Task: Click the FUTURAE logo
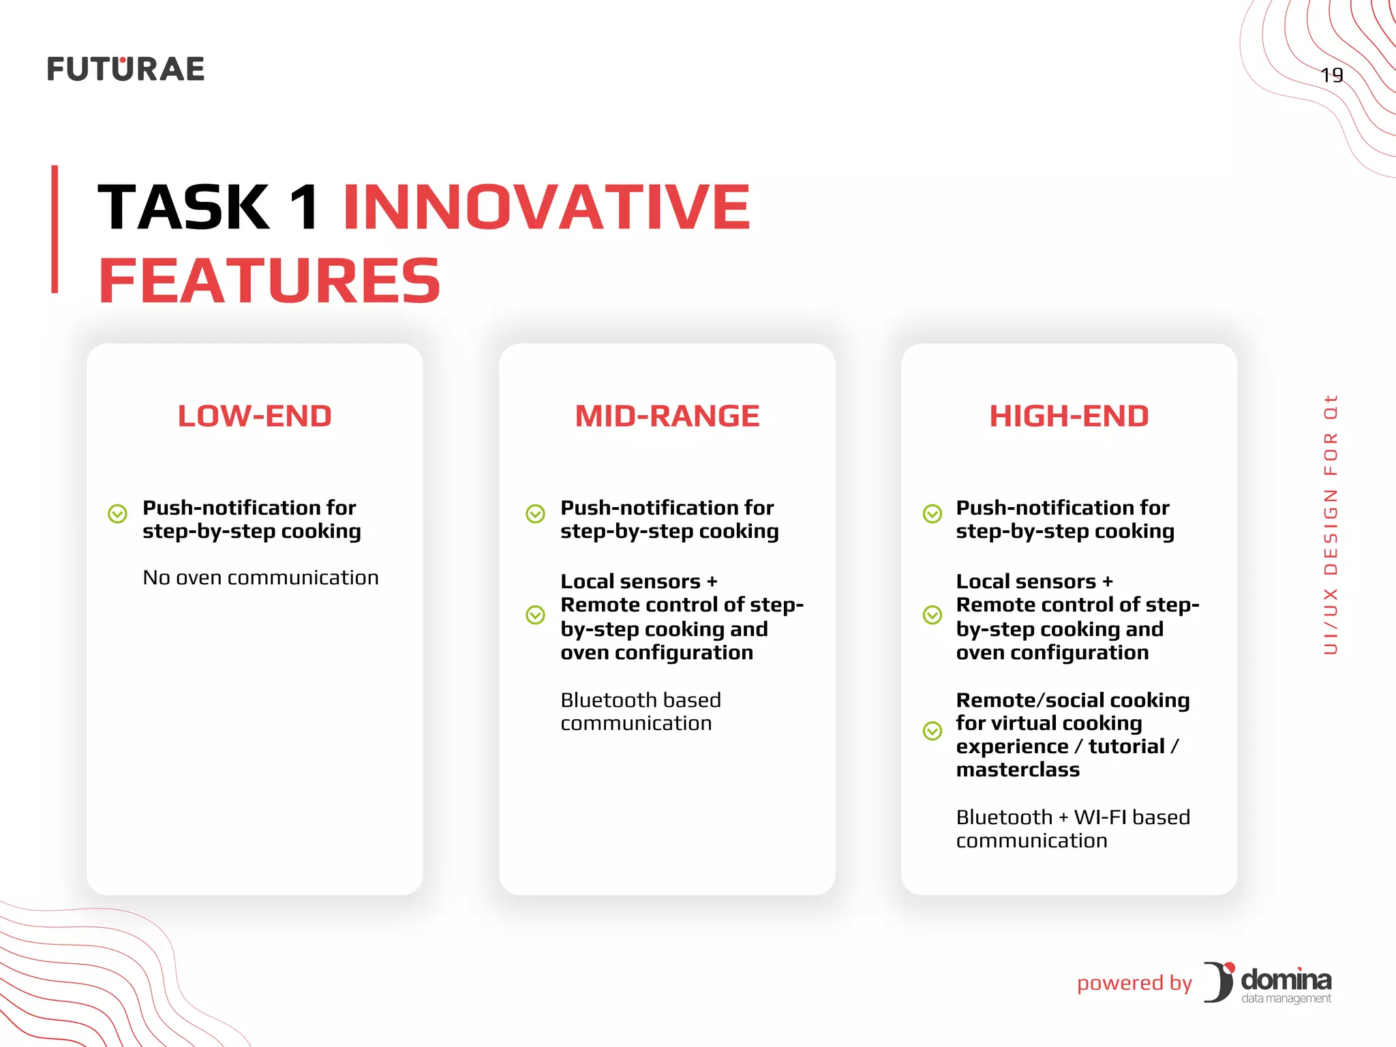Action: (x=125, y=70)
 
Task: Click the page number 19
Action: (x=1331, y=75)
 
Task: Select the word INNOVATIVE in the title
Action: (x=546, y=207)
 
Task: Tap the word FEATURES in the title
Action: (x=270, y=281)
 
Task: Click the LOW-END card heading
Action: (x=254, y=416)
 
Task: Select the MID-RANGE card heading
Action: (x=667, y=416)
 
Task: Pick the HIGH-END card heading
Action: (x=1069, y=416)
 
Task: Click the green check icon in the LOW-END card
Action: (x=118, y=513)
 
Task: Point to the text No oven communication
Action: (x=260, y=577)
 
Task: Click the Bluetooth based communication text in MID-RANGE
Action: (x=640, y=712)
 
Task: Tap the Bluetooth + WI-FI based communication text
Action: (x=1072, y=828)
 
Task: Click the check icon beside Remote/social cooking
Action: (x=932, y=731)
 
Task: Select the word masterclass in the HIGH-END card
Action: (x=1018, y=770)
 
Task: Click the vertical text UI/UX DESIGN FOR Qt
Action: (x=1331, y=524)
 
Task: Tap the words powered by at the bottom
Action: (x=1134, y=983)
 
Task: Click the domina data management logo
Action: (x=1269, y=983)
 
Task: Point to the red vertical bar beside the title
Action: (x=55, y=229)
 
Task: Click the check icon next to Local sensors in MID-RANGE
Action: (x=536, y=615)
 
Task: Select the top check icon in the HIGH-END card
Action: (x=932, y=513)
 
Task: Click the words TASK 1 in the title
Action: (x=209, y=207)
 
